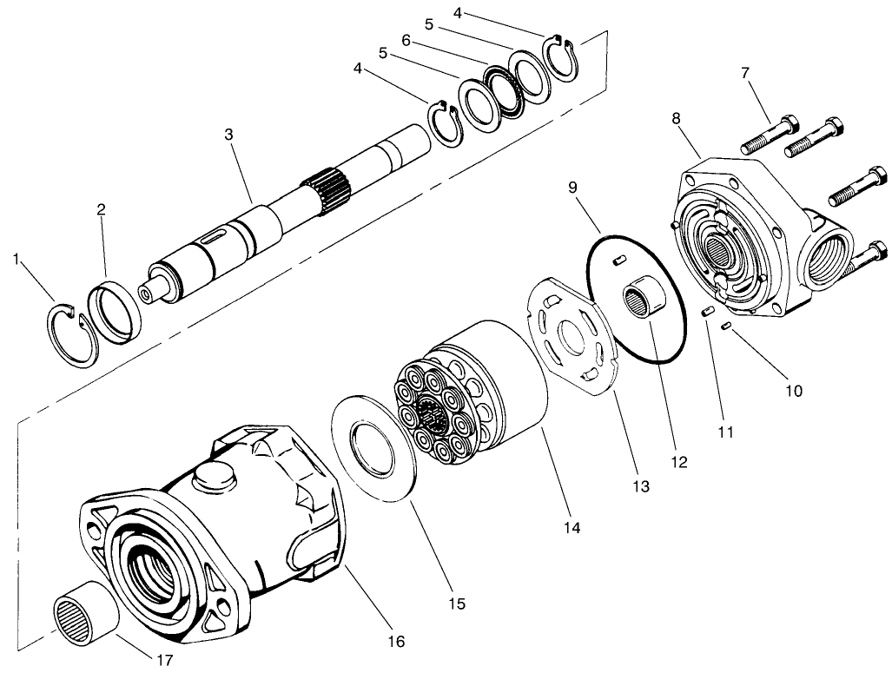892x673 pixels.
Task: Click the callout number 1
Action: coord(16,259)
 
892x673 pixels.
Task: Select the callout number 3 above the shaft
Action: coord(228,135)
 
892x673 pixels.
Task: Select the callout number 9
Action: coord(572,187)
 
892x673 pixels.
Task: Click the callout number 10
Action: coord(795,391)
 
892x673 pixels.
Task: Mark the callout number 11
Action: coord(726,431)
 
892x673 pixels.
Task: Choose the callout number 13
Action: coord(640,487)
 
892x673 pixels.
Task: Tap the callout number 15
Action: coord(456,603)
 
